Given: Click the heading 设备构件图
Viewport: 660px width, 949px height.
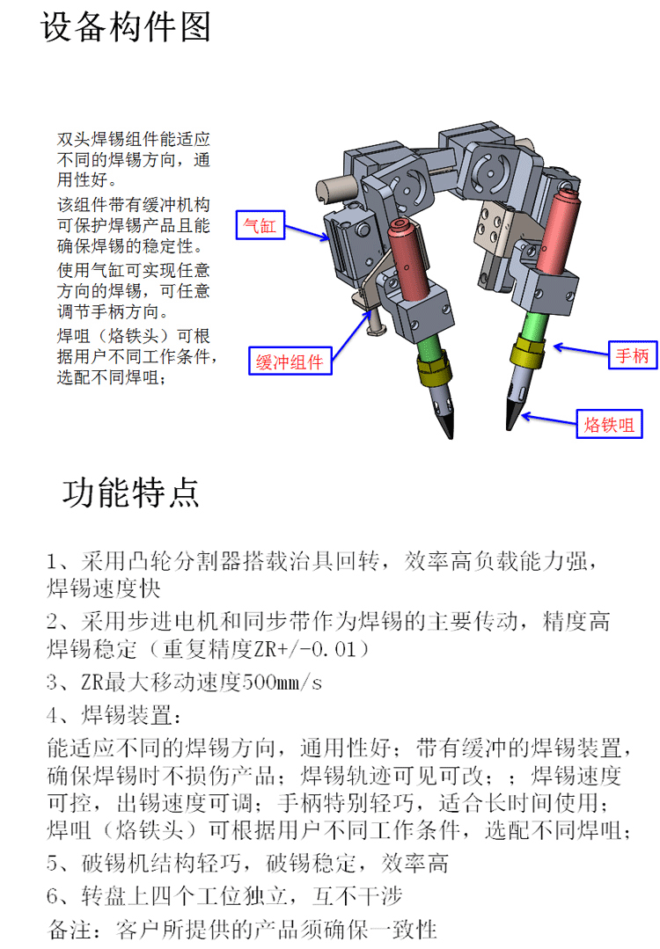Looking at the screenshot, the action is point(126,26).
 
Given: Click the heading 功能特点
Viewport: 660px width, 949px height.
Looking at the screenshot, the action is point(131,492).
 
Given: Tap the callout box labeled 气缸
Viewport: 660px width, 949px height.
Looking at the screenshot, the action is point(260,225).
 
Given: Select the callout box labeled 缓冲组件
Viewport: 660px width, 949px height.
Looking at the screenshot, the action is point(290,361).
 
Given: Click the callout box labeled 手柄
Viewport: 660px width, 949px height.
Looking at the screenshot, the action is point(632,354).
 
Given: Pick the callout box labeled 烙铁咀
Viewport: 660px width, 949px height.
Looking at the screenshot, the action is point(609,424).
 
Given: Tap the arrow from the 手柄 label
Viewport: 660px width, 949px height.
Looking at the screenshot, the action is point(581,350).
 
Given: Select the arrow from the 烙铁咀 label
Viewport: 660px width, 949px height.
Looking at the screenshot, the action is point(548,419).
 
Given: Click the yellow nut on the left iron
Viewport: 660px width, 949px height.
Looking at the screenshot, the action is point(434,369).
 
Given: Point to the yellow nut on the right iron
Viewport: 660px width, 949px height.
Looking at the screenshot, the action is point(527,352).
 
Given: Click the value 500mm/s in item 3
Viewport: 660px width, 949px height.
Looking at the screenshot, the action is point(282,683).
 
